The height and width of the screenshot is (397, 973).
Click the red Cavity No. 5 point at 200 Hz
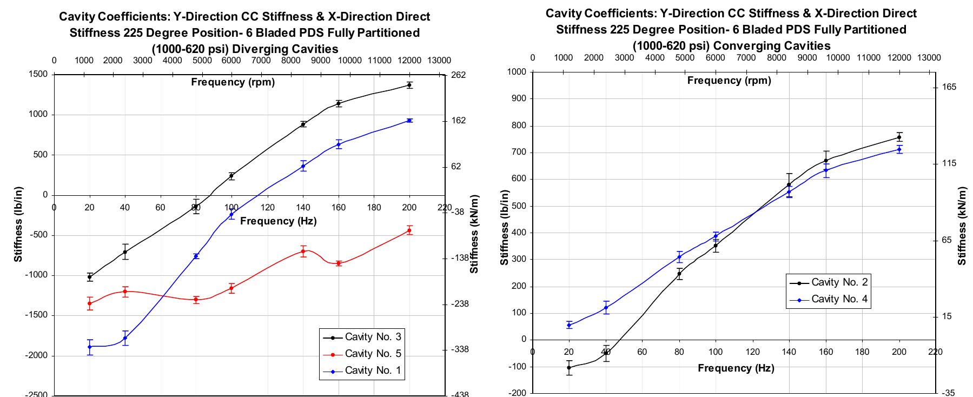coord(409,230)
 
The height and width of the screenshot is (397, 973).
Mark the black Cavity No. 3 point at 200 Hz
coord(409,85)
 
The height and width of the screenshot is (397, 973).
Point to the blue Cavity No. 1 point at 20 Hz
coord(90,347)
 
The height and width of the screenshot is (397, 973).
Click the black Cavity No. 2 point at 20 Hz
coord(569,368)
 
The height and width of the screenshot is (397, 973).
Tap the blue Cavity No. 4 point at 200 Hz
coord(899,149)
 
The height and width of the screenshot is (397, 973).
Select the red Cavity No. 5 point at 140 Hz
coord(303,251)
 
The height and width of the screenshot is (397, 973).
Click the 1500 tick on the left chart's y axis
coord(39,75)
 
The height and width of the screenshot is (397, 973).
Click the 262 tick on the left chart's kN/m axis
coord(458,75)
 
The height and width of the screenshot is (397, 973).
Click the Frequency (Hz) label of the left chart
coord(278,221)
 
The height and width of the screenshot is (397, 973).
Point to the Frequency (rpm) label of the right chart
coord(729,81)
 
